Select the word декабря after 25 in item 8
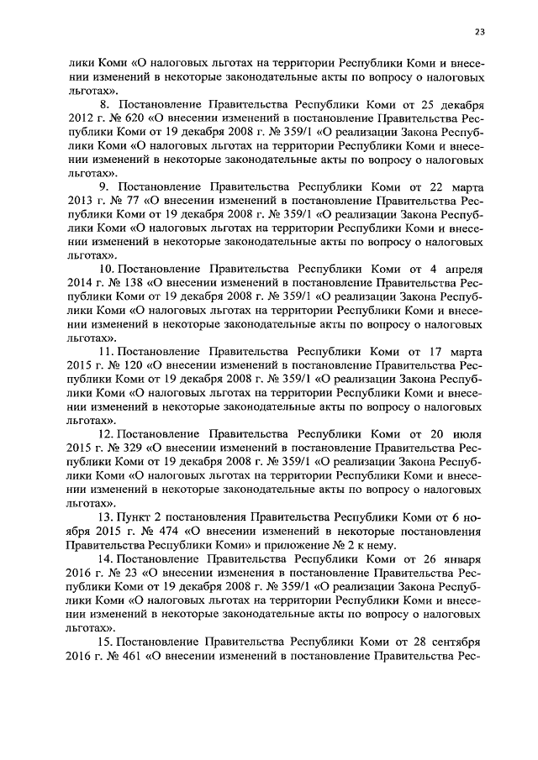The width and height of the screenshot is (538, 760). tap(460, 107)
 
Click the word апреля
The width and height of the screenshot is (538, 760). tap(462, 269)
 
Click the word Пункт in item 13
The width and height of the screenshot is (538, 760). tap(133, 515)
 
